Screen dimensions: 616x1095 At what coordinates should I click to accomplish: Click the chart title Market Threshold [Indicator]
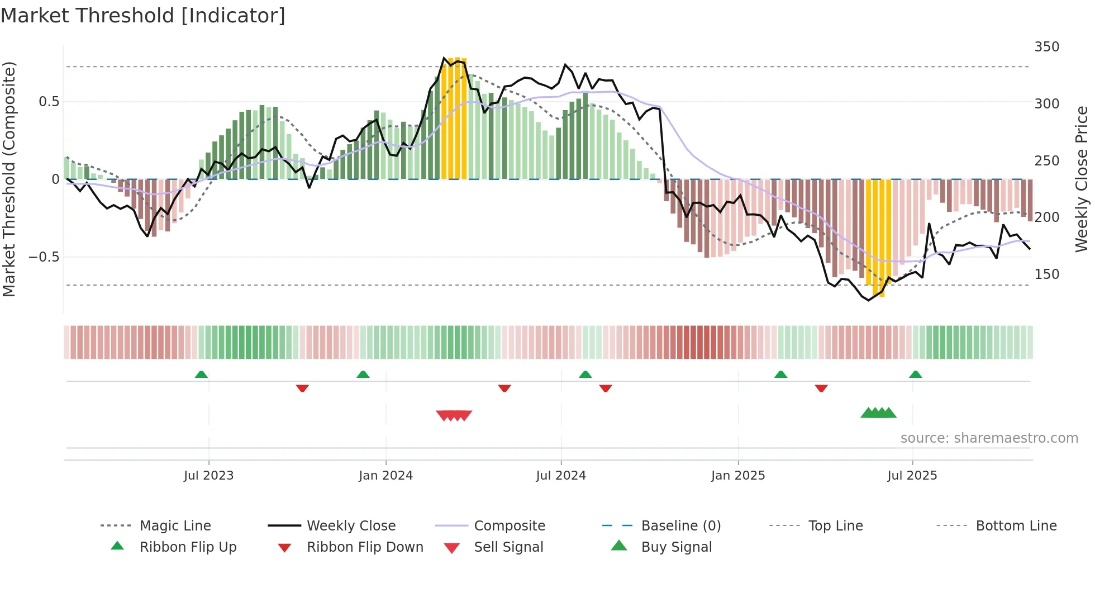tap(143, 16)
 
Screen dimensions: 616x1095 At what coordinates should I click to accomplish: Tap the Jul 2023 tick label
tap(208, 476)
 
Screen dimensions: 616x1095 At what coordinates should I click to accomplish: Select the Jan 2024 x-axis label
tap(385, 476)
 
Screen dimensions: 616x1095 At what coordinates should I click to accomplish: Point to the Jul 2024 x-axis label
tap(561, 476)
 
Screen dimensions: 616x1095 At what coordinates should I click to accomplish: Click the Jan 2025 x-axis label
tap(738, 476)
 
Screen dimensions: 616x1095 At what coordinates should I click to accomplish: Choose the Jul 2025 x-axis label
tap(912, 476)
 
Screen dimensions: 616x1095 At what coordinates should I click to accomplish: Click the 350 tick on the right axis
tap(1046, 47)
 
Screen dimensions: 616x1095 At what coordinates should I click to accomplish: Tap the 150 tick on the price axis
tap(1046, 274)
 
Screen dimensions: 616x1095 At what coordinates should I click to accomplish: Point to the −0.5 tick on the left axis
tap(44, 257)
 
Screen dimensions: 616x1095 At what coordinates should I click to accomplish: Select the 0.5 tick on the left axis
tap(49, 102)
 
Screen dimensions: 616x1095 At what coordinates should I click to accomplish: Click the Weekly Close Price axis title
tap(1082, 179)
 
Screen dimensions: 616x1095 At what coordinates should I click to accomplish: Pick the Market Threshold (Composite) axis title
tap(9, 179)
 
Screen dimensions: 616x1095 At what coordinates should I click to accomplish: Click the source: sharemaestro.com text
tap(989, 438)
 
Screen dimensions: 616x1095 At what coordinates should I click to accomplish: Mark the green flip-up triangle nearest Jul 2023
tap(201, 375)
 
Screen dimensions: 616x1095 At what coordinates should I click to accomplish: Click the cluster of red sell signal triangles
tap(454, 415)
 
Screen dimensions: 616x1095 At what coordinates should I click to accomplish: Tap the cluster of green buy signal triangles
tap(878, 413)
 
